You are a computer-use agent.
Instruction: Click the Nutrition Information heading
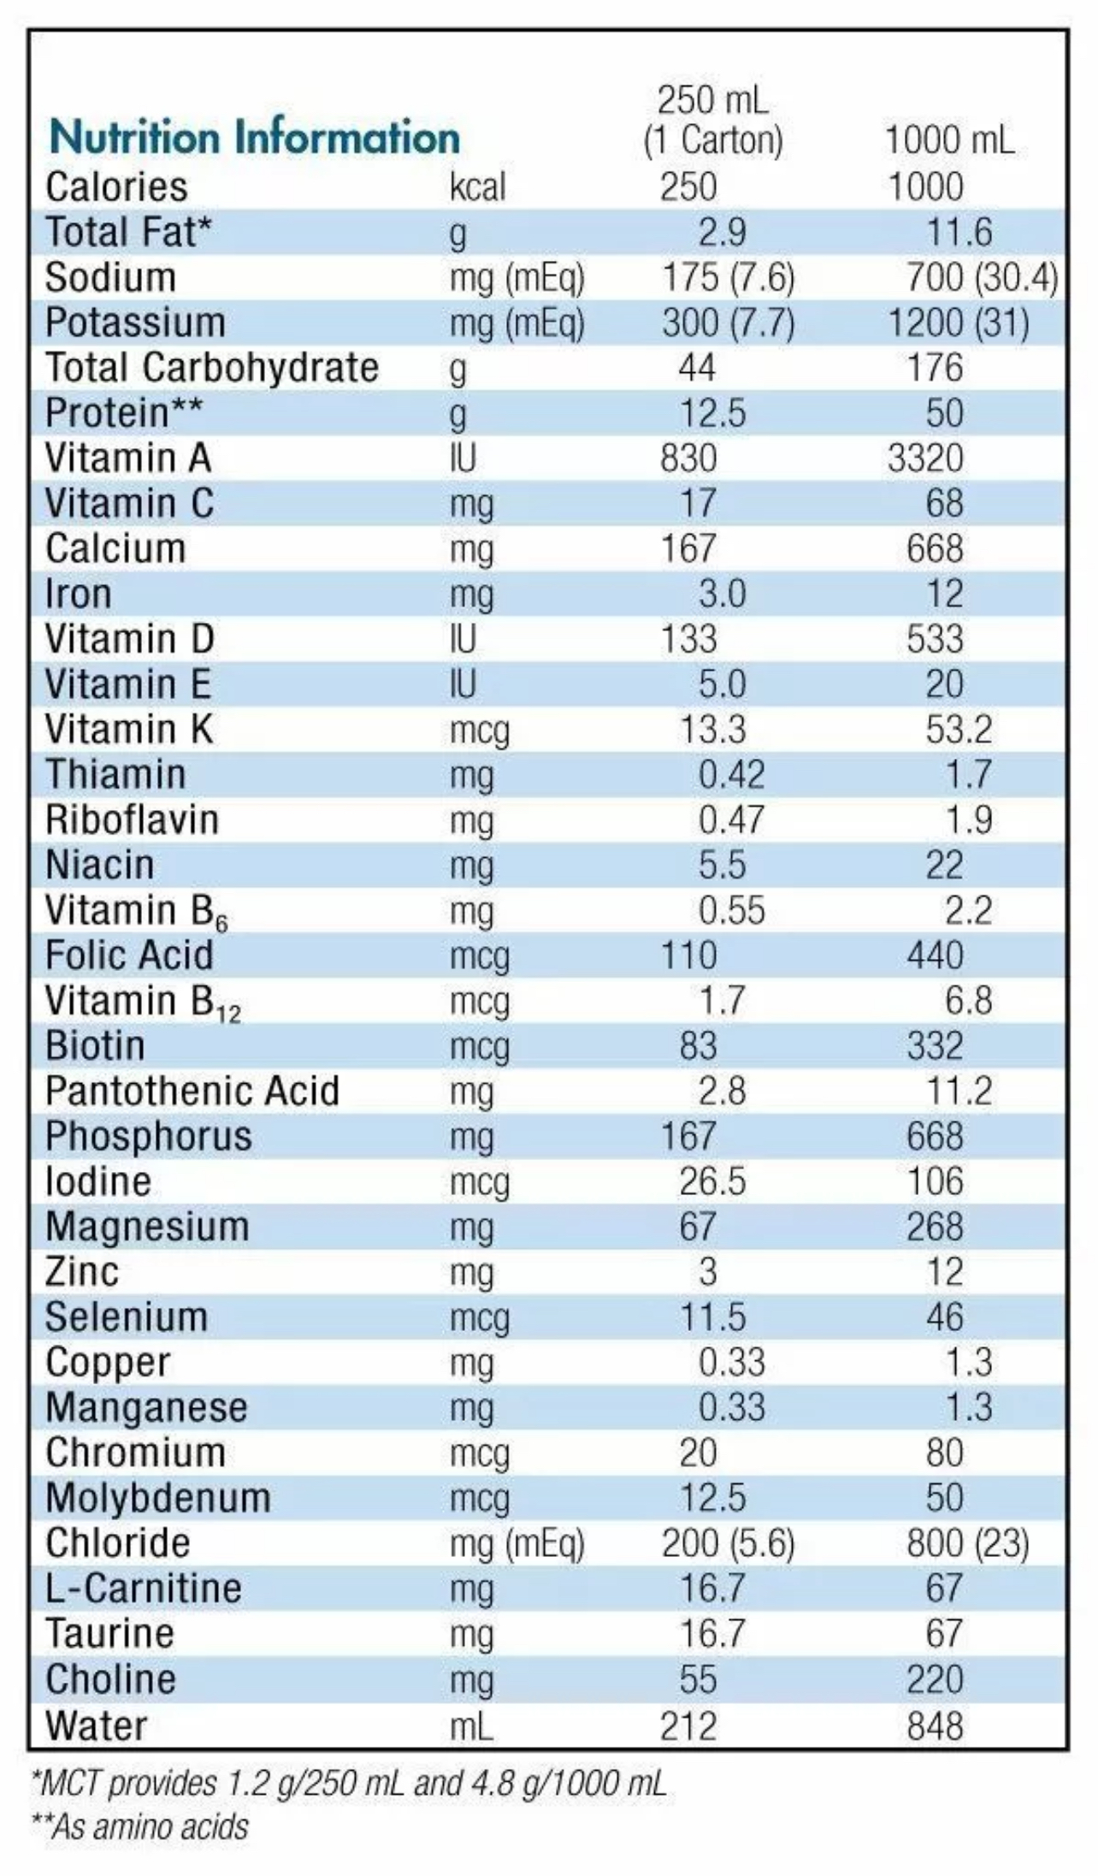(x=254, y=138)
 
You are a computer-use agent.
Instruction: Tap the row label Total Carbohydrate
(x=211, y=368)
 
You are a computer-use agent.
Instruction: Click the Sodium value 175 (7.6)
(x=728, y=277)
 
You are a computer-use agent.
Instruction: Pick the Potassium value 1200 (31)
(x=958, y=323)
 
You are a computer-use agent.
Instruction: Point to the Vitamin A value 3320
(x=925, y=459)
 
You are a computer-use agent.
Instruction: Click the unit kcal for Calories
(x=477, y=186)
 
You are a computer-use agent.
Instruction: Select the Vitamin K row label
(x=129, y=730)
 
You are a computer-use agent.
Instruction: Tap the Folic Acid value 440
(x=935, y=956)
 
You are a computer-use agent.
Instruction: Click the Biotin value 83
(x=697, y=1046)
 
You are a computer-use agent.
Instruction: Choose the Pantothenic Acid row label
(x=192, y=1091)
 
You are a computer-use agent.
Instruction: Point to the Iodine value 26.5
(x=712, y=1181)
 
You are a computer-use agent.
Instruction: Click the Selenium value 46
(x=944, y=1317)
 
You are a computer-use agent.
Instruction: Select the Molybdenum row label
(x=157, y=1498)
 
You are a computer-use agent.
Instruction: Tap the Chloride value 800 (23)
(x=967, y=1543)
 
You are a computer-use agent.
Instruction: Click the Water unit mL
(x=471, y=1725)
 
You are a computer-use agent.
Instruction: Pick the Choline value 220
(x=935, y=1679)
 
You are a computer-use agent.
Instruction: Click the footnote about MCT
(x=348, y=1784)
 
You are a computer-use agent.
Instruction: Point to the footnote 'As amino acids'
(x=140, y=1827)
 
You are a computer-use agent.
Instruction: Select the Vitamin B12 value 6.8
(x=968, y=1001)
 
